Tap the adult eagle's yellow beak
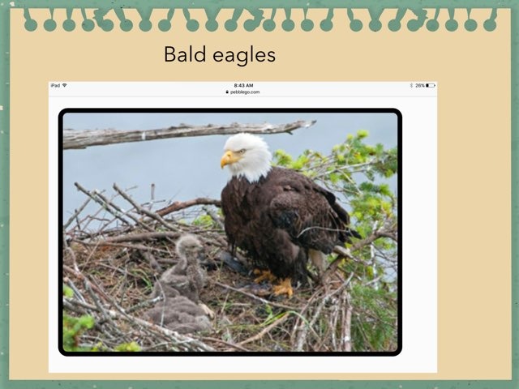[x=227, y=160]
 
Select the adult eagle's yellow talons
[x=281, y=287]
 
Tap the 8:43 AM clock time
[x=243, y=85]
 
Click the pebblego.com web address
[x=245, y=92]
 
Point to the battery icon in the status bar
[x=431, y=85]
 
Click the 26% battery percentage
[x=420, y=85]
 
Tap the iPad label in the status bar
[x=55, y=85]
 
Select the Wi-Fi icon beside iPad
[x=65, y=85]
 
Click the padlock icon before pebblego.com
[x=228, y=92]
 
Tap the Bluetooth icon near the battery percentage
[x=411, y=85]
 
